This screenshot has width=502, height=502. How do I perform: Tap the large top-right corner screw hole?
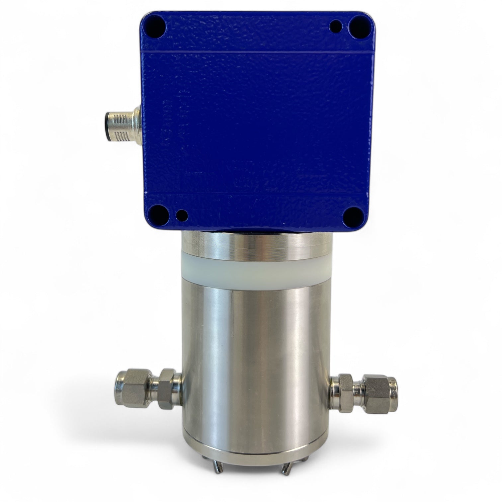pos(358,24)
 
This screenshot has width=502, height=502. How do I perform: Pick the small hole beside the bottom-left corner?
pos(181,215)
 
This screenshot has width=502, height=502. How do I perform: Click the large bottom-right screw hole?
pos(353,216)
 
